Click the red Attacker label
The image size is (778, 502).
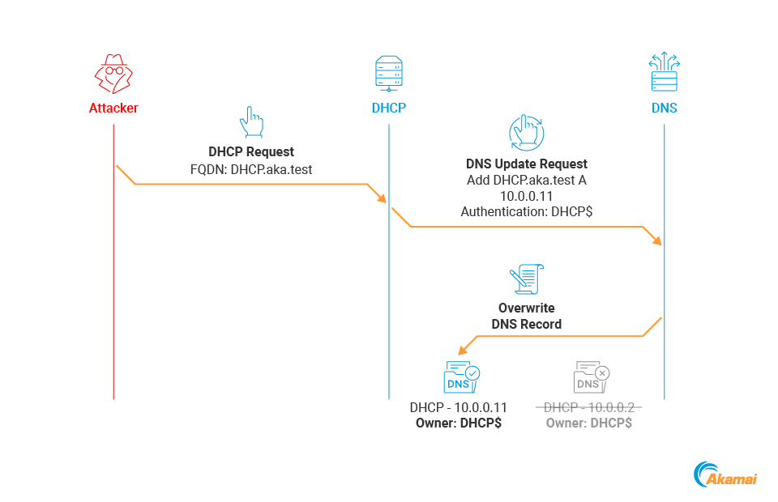(113, 108)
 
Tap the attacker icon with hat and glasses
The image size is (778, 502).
(113, 74)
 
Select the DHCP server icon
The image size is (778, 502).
(389, 73)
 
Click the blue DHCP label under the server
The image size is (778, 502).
(389, 108)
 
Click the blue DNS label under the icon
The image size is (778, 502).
(664, 108)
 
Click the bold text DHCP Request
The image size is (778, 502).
(251, 151)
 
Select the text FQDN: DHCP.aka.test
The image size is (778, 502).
(251, 169)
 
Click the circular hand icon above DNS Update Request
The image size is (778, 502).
(526, 131)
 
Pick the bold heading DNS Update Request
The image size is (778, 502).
(526, 164)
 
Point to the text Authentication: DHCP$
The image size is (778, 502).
(526, 212)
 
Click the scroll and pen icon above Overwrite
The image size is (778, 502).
(526, 279)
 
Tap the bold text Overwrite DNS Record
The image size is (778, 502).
(526, 316)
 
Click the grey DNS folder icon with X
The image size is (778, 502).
(591, 377)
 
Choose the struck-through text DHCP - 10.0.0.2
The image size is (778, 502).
(588, 407)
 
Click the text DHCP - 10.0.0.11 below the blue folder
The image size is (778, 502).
(459, 407)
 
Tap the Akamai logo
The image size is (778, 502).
(725, 475)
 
